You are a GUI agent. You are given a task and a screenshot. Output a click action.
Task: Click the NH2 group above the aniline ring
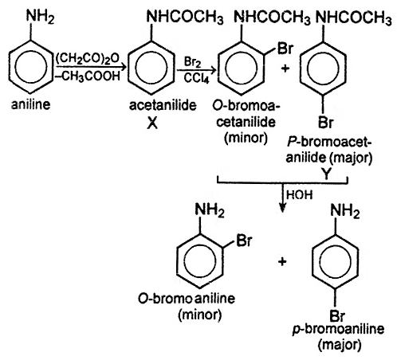[40, 17]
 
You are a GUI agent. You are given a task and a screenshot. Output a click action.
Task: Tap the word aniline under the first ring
[30, 104]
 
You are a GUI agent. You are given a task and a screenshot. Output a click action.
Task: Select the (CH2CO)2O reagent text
[88, 58]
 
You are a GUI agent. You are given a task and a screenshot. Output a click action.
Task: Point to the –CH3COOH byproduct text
[87, 76]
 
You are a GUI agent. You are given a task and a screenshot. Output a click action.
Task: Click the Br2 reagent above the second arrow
[192, 62]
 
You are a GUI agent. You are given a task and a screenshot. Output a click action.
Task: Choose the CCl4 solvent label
[196, 78]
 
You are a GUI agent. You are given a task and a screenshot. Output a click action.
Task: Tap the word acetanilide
[163, 105]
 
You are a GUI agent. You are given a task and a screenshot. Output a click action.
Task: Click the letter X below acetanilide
[152, 123]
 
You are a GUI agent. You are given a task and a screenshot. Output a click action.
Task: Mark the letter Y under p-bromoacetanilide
[326, 174]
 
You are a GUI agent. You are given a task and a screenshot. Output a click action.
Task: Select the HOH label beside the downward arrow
[300, 195]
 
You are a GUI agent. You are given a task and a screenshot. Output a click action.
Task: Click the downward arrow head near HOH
[282, 209]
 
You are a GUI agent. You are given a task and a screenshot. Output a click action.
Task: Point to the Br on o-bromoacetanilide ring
[285, 49]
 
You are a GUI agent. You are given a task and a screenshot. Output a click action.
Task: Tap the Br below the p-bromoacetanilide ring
[325, 123]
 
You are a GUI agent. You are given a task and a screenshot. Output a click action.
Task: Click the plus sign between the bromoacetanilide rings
[285, 68]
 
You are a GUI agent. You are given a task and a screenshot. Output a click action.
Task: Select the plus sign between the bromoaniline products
[282, 262]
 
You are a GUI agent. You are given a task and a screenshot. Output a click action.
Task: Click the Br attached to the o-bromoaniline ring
[244, 241]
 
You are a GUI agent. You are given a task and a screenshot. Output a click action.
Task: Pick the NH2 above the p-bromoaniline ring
[344, 211]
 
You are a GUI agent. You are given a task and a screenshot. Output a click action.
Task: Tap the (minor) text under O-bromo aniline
[200, 315]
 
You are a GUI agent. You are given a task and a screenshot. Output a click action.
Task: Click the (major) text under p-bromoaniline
[340, 345]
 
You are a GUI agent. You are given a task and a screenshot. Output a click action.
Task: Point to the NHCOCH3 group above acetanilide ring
[185, 18]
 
